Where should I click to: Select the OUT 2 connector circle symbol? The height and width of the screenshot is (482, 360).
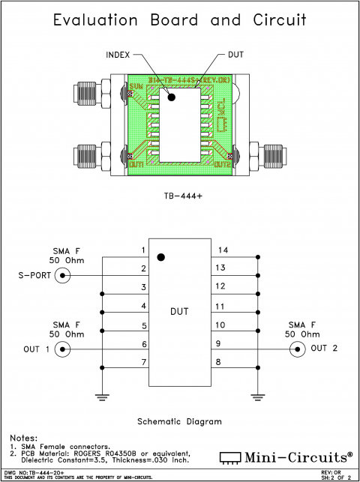click(298, 349)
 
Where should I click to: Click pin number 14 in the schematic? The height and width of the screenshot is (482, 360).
click(223, 250)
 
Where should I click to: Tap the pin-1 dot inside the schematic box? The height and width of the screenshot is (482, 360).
click(160, 257)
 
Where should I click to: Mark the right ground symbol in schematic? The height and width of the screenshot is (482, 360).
click(257, 396)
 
